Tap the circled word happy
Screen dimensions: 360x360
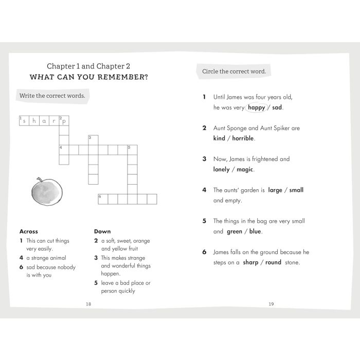256,107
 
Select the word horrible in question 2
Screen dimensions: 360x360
243,138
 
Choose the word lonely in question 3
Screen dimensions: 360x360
221,169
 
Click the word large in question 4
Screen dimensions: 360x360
275,190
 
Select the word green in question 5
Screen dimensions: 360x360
235,231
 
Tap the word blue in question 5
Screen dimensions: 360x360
255,231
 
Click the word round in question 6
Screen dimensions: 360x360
273,262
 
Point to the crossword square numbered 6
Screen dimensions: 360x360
103,199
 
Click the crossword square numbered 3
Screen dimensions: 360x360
93,140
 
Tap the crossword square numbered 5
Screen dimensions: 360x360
132,150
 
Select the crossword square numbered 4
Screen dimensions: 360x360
64,150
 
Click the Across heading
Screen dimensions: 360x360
28,231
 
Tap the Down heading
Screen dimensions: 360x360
102,231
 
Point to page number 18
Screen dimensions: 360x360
88,304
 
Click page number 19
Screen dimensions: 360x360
271,304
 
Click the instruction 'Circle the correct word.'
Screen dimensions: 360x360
234,71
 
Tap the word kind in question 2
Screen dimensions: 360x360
219,138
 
